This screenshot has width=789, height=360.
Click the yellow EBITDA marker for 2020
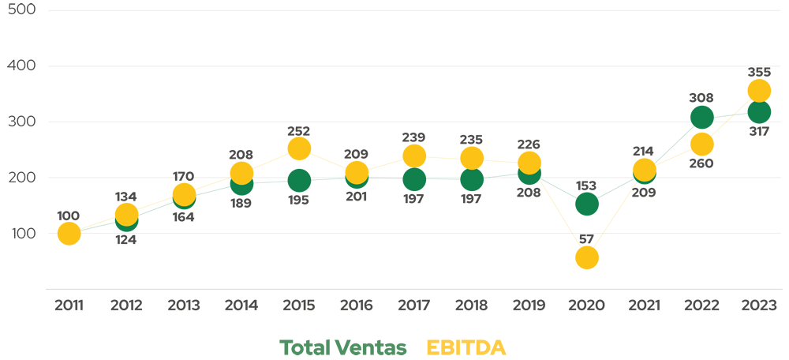(x=586, y=257)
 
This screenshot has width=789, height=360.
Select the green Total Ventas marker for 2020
(x=586, y=204)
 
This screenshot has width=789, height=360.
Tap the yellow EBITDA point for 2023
(x=758, y=90)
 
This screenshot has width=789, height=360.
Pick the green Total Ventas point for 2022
(x=701, y=117)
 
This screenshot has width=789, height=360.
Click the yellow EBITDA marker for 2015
(x=299, y=148)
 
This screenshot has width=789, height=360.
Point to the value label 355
(x=758, y=72)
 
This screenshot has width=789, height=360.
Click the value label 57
(x=586, y=239)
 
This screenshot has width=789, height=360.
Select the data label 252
(x=299, y=130)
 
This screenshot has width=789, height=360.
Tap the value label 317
(x=758, y=130)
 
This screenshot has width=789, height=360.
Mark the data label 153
(x=586, y=186)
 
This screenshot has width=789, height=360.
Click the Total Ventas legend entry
(x=343, y=347)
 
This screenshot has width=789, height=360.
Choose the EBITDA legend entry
(x=466, y=347)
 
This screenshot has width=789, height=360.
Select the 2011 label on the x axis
(x=69, y=306)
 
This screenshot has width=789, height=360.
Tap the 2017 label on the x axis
(x=413, y=306)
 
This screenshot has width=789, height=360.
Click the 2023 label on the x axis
(x=758, y=306)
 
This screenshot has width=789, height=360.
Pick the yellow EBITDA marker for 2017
(x=413, y=156)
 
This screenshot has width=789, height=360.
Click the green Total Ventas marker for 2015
(x=299, y=180)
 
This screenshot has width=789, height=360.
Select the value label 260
(x=701, y=163)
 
